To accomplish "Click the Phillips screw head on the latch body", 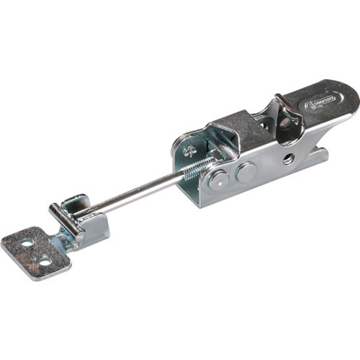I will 189,151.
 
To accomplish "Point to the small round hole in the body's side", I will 289,157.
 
